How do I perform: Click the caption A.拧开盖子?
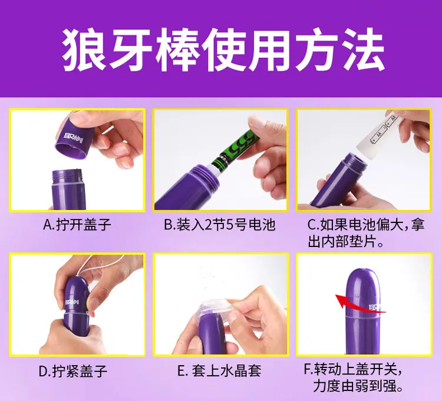pos(77,225)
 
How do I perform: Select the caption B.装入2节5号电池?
pos(220,225)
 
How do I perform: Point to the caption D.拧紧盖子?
pos(73,371)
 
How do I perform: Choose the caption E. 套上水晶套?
pos(219,371)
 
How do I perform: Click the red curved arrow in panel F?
pos(358,304)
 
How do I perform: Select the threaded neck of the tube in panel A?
pos(67,175)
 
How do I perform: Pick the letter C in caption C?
pos(312,225)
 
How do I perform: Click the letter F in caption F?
pos(308,369)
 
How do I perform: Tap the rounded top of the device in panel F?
pos(363,279)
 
